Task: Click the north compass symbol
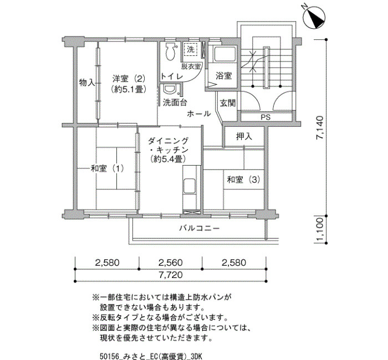pos(314,17)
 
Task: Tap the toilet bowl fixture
pos(170,52)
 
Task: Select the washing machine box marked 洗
pos(191,49)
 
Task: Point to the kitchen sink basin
pos(190,186)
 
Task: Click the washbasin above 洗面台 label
pos(170,89)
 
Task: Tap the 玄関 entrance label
pos(228,103)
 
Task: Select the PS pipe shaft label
pos(266,117)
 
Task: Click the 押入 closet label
pos(244,136)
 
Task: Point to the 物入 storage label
pos(87,83)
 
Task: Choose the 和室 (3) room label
pos(243,179)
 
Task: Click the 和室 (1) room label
pos(107,168)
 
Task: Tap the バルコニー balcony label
pos(200,228)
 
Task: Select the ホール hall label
pos(199,114)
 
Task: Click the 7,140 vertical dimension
pos(320,128)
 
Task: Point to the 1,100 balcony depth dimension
pos(320,230)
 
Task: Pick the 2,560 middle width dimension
pos(171,263)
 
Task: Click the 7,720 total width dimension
pos(171,275)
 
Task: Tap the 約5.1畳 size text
pos(129,89)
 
